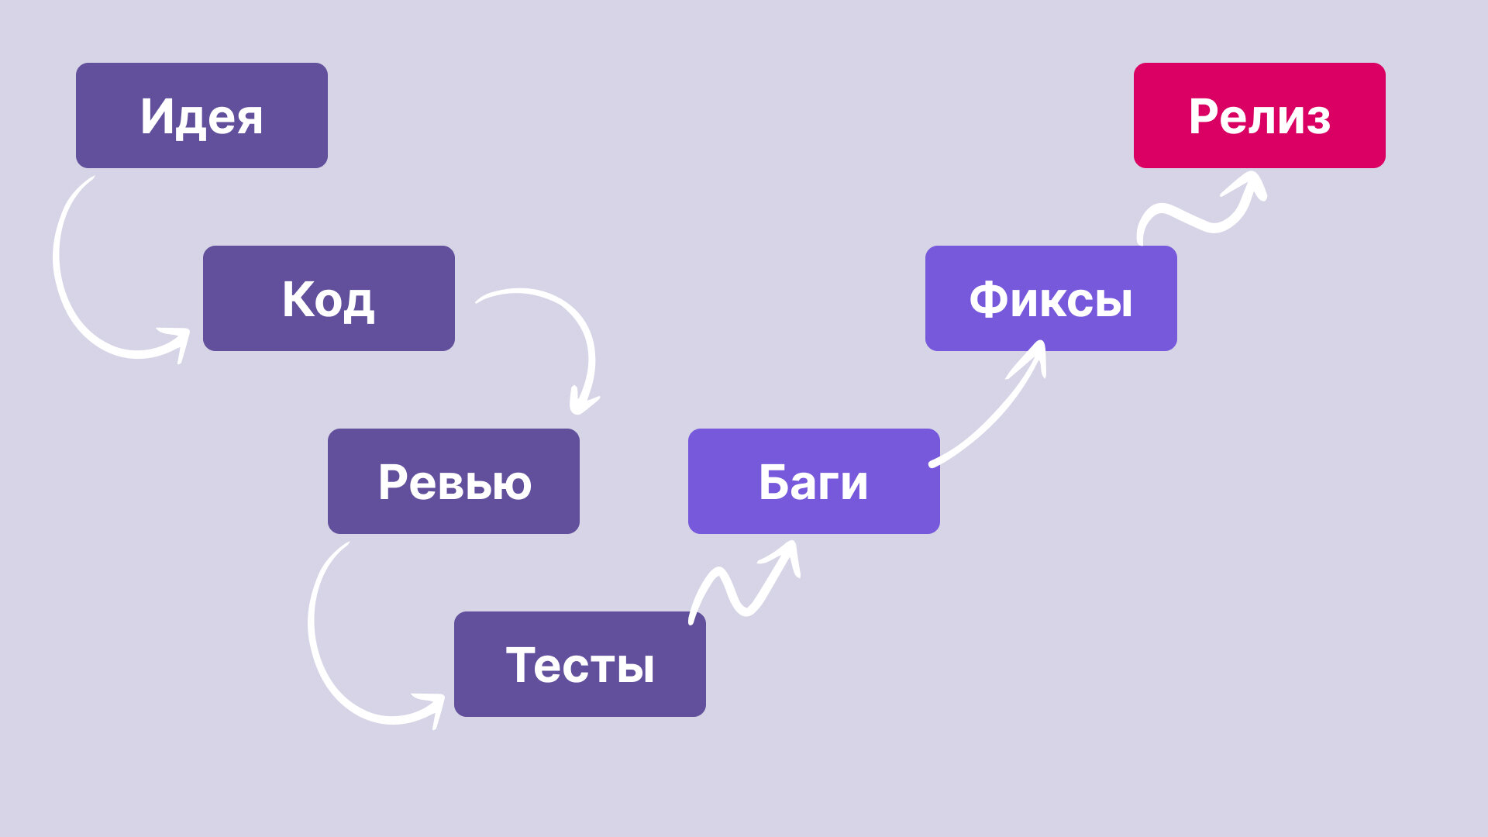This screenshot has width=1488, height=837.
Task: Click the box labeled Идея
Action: (x=201, y=115)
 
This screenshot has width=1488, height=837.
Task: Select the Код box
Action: (x=329, y=298)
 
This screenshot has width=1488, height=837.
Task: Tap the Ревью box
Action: (x=453, y=481)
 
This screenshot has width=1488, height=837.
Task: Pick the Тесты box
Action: (x=580, y=664)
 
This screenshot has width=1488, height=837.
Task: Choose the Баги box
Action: (x=814, y=481)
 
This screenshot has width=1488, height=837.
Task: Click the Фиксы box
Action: (x=1051, y=298)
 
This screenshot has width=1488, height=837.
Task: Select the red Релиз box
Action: (x=1259, y=115)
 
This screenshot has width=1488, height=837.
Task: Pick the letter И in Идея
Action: (x=157, y=116)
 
